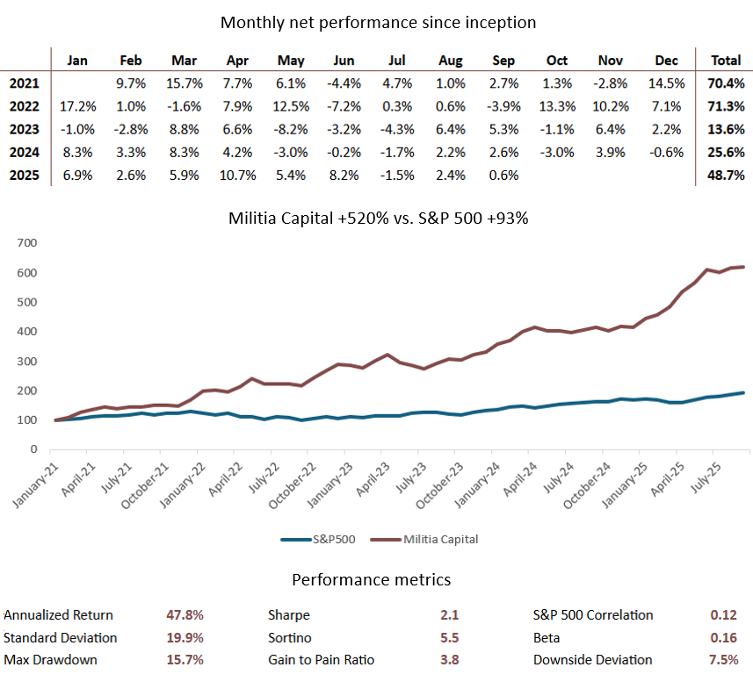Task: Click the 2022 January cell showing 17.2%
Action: click(77, 106)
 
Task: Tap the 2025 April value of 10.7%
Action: click(238, 175)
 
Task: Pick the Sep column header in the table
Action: click(503, 61)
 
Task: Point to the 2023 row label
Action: click(24, 129)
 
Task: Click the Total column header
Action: click(724, 61)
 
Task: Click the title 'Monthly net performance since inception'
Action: click(378, 22)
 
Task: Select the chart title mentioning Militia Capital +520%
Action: click(378, 219)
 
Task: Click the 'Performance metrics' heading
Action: click(372, 580)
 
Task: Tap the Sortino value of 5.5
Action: click(450, 637)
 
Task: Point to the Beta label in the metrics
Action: click(547, 637)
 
